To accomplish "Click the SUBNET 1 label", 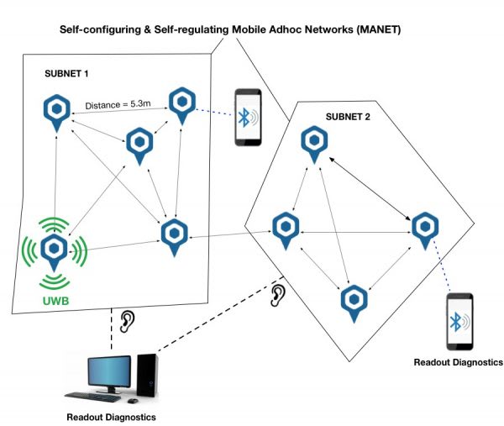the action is [66, 74].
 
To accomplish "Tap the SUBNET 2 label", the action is [348, 117].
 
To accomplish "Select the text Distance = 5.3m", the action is [118, 104].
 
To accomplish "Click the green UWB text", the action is [55, 301].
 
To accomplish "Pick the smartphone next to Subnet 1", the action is [248, 118].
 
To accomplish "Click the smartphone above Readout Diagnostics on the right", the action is [459, 321].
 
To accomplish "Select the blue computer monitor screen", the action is [109, 372].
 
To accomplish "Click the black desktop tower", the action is [147, 376].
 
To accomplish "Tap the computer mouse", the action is [133, 401].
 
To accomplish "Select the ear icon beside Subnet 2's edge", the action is [278, 295].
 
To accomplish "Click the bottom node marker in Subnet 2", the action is [354, 303].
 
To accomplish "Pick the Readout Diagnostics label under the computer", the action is [111, 417].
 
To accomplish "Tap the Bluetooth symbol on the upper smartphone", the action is [244, 118].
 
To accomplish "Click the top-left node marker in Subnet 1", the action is [56, 113].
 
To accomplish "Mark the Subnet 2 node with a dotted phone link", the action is [425, 230].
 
